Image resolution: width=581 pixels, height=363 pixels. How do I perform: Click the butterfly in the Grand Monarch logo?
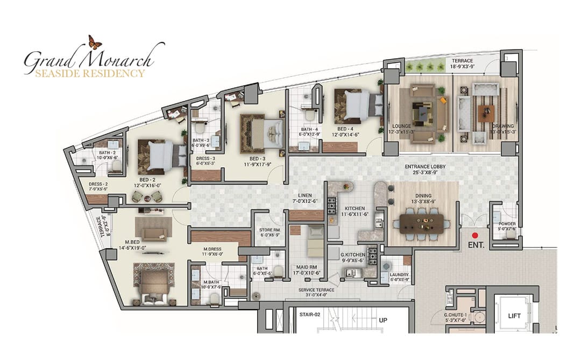(95, 42)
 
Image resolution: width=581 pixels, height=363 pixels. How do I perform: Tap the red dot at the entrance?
(475, 235)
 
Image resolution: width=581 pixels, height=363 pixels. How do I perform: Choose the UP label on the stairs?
(383, 320)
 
